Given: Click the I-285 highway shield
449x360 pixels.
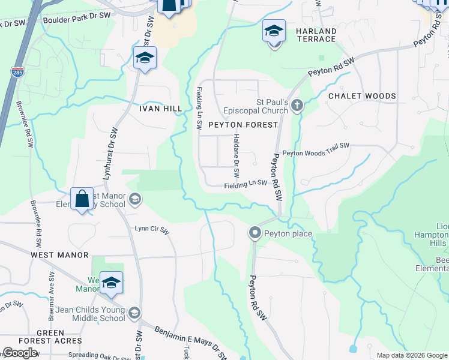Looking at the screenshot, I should pos(16,73).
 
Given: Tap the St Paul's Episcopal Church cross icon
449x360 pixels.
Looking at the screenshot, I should pos(296,106).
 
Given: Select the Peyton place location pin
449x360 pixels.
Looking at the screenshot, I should pos(255,233).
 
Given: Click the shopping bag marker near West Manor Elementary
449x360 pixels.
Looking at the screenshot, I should pos(82,199).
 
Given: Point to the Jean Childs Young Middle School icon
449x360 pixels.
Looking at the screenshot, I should pos(134,313).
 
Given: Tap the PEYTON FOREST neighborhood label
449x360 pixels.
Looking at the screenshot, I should pos(243,125).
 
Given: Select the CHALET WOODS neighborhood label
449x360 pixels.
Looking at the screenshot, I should pos(362,96).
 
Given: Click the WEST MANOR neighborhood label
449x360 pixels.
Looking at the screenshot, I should pos(59,255).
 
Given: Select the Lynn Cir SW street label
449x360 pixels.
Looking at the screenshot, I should pos(152,228).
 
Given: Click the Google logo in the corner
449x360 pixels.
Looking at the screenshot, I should pos(20,353).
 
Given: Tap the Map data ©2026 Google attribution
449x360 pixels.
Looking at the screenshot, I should pos(412,355).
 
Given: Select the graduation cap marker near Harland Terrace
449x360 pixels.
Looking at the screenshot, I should pos(274,31).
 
